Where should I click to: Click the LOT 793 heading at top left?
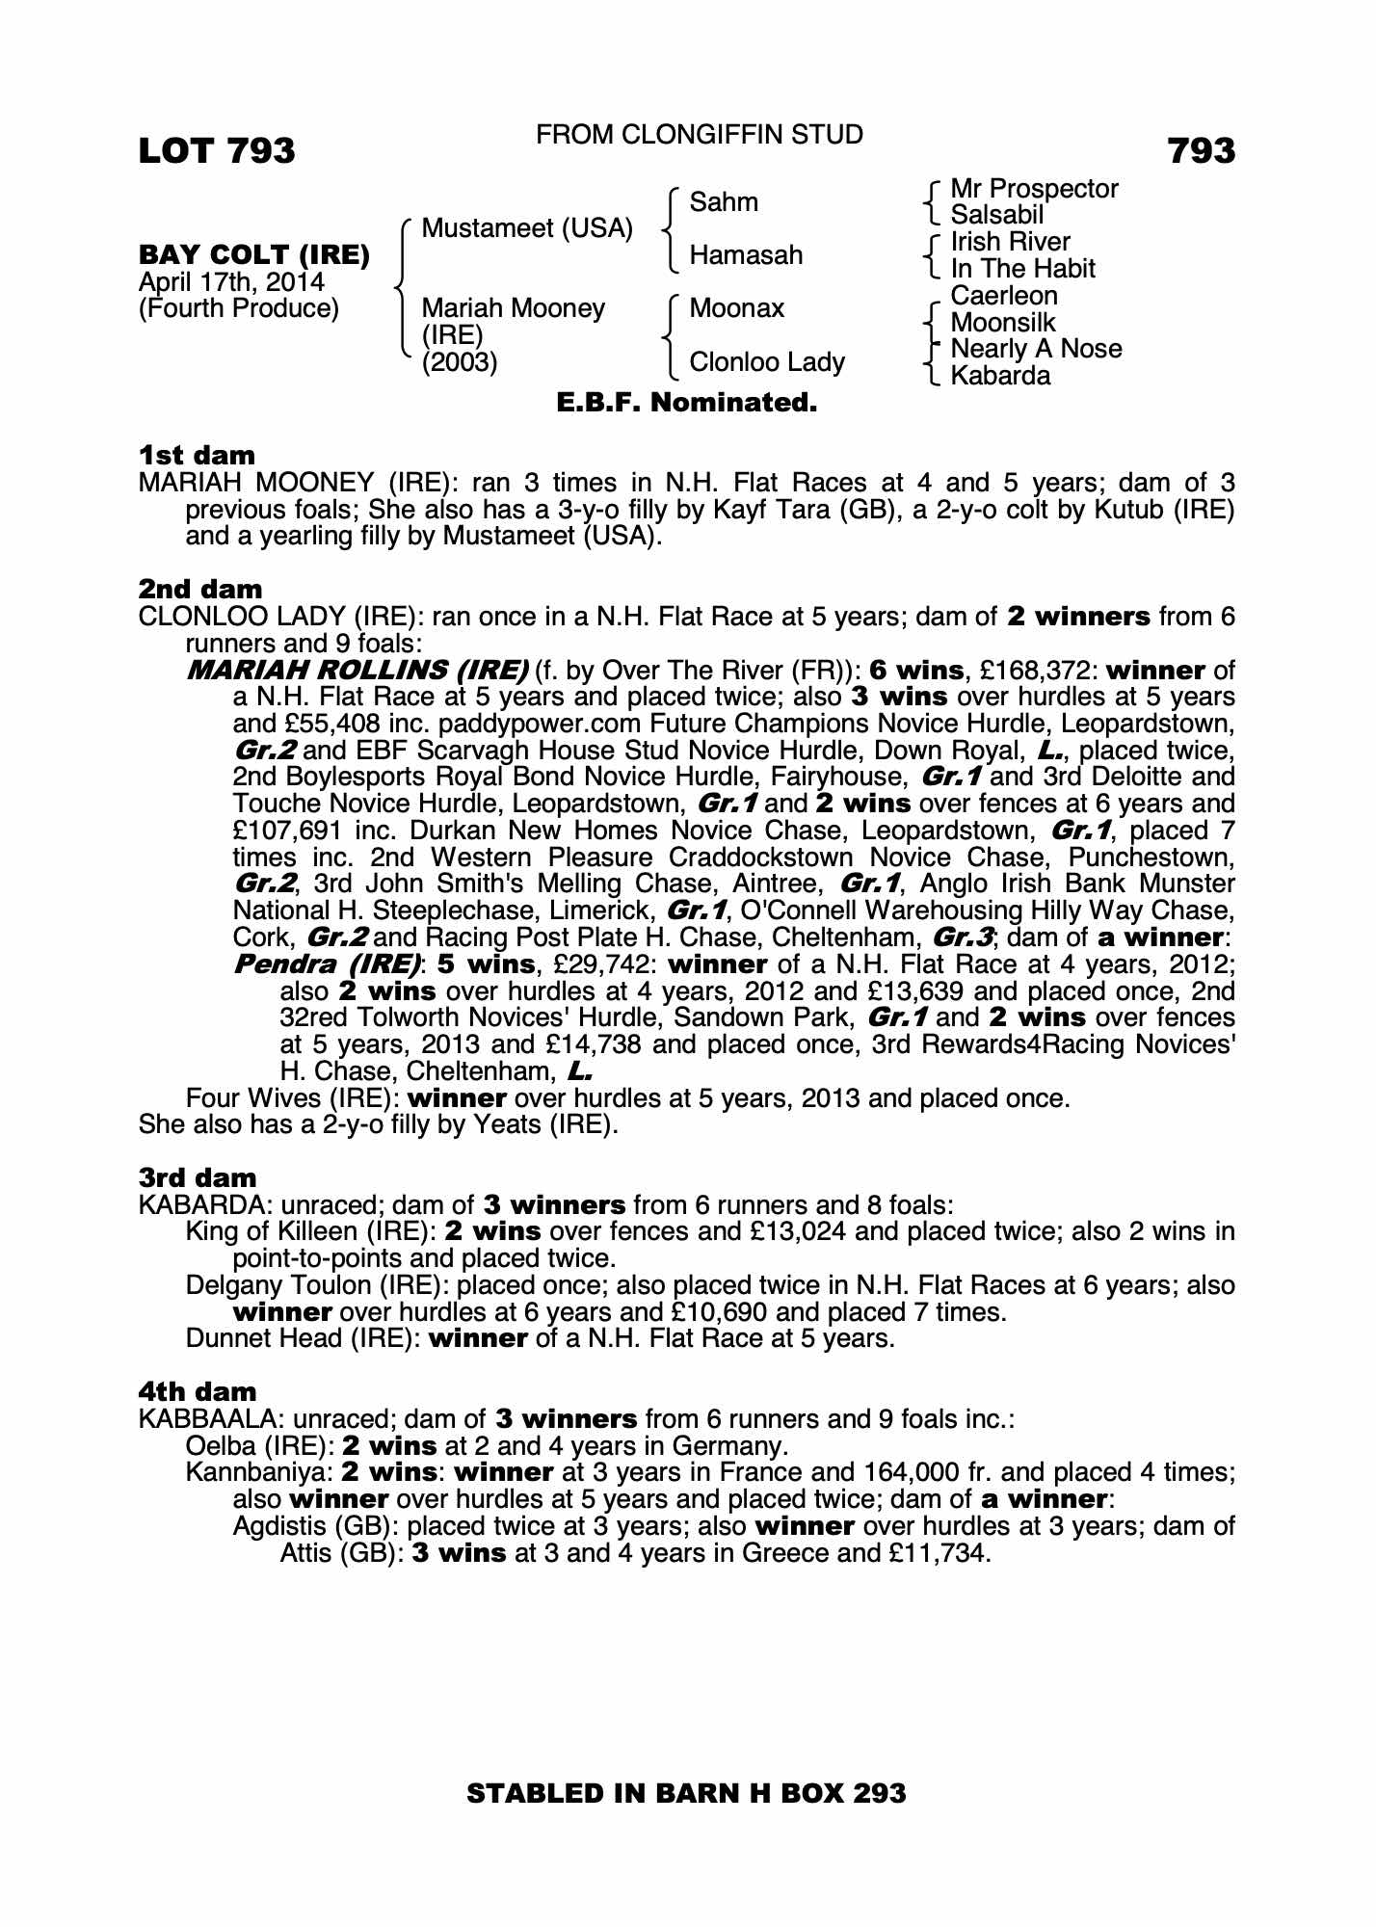click(217, 151)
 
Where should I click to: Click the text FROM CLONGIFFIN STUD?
click(699, 135)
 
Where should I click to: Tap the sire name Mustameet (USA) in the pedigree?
click(527, 229)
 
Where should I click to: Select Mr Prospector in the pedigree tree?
click(1034, 189)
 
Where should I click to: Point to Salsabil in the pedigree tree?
click(997, 215)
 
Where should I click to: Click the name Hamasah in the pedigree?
click(746, 255)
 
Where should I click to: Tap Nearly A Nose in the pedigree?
click(1036, 349)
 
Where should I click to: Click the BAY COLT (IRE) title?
click(254, 255)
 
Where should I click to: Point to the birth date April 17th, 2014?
click(231, 282)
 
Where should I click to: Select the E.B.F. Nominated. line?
click(687, 403)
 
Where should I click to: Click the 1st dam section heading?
click(197, 455)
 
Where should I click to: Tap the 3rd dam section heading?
click(198, 1177)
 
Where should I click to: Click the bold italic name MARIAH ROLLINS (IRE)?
click(357, 670)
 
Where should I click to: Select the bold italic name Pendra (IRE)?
click(328, 963)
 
